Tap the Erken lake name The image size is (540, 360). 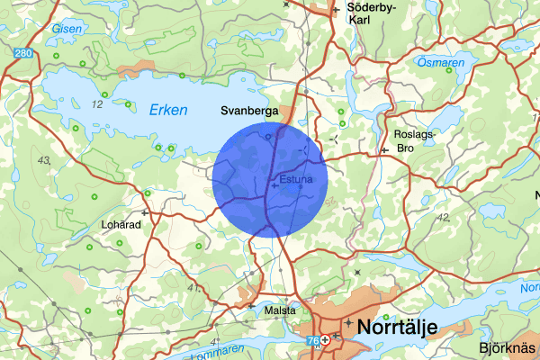coord(168,111)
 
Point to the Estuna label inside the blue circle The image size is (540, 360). coord(296,179)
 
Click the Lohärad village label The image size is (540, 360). coord(121,225)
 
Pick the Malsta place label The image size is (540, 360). coord(281,310)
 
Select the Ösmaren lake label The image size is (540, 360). coord(441,62)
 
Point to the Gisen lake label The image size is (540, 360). coord(67,28)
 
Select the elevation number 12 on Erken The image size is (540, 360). coord(97,104)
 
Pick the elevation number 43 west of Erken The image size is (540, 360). coord(44,160)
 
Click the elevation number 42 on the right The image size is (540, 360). coord(442,217)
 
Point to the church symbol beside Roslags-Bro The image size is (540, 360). coord(384,149)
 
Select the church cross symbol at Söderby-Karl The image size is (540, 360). coord(336,10)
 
